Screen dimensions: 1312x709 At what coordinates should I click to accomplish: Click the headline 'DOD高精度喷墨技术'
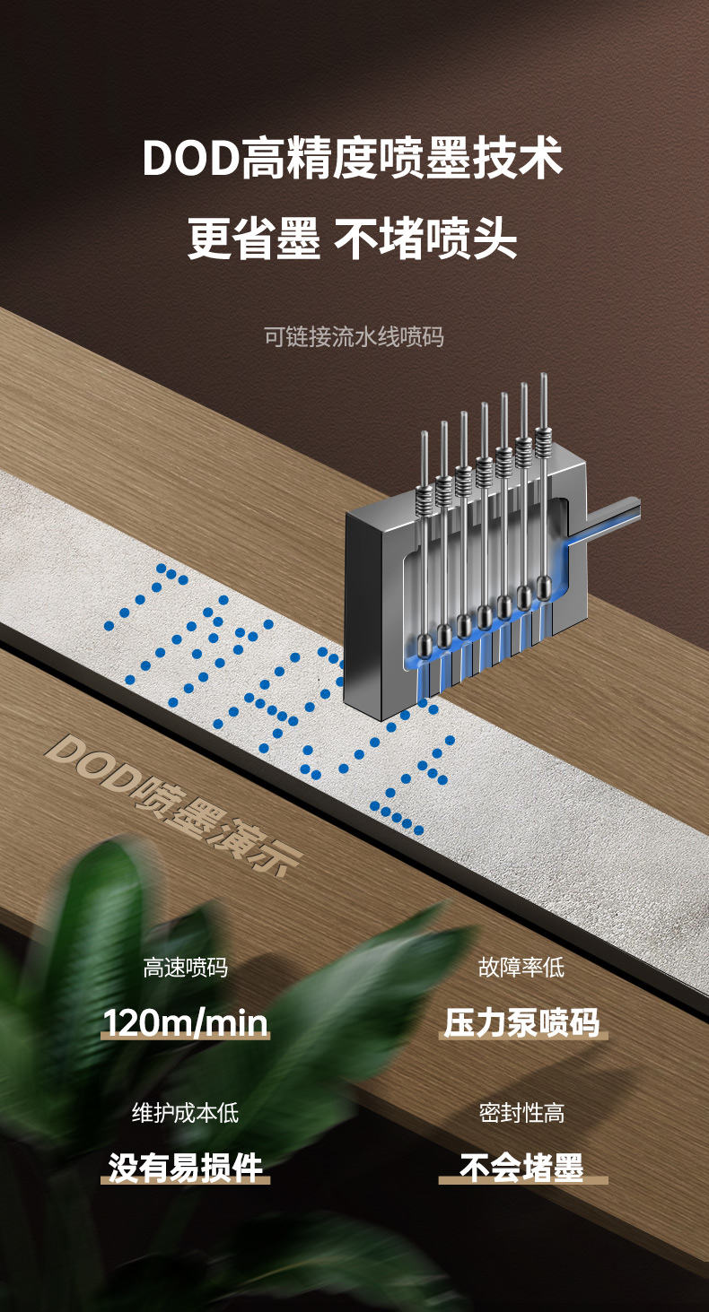click(353, 159)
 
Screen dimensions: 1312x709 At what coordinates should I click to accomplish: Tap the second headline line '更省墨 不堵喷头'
click(353, 239)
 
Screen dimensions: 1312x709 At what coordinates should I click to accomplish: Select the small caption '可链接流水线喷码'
click(354, 337)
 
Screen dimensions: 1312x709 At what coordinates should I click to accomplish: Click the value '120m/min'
click(185, 1022)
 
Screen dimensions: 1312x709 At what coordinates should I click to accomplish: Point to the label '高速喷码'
click(185, 968)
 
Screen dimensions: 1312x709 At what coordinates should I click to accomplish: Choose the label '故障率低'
click(521, 968)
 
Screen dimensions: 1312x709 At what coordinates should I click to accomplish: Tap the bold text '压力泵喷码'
click(521, 1022)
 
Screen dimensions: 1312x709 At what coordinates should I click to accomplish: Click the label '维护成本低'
click(185, 1113)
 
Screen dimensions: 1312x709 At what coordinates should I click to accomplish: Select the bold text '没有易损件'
click(185, 1167)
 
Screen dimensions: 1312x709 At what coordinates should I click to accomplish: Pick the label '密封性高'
click(521, 1113)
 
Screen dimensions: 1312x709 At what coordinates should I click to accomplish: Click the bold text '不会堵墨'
click(521, 1167)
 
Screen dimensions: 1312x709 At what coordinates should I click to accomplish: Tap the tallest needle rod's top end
click(544, 378)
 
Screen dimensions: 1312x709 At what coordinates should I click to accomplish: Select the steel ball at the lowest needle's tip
click(424, 643)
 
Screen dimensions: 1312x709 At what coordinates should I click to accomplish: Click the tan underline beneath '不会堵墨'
click(521, 1181)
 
